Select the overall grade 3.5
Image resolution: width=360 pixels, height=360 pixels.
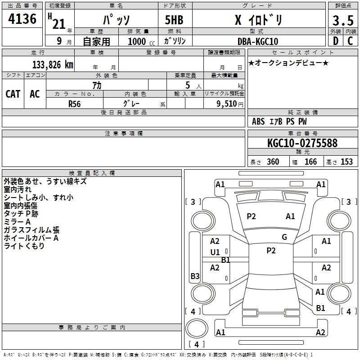[342, 21]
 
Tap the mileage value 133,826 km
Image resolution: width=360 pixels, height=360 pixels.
[53, 64]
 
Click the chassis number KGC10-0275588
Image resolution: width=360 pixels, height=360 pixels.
[302, 143]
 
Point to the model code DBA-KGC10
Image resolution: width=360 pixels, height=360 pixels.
[257, 41]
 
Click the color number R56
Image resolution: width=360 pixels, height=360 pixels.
[75, 103]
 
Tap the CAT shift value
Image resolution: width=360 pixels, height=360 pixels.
[13, 94]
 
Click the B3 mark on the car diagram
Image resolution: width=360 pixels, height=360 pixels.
[195, 276]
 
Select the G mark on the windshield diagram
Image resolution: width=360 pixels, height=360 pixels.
[284, 237]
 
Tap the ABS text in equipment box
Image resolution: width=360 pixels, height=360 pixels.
[258, 121]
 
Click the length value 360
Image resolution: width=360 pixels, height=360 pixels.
[273, 162]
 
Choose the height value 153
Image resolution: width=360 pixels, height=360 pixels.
[346, 162]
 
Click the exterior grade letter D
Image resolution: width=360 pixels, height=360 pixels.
[335, 41]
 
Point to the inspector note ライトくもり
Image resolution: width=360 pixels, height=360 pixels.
[24, 246]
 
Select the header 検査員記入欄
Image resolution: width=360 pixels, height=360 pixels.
[92, 173]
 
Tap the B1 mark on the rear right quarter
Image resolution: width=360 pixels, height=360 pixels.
[321, 308]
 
